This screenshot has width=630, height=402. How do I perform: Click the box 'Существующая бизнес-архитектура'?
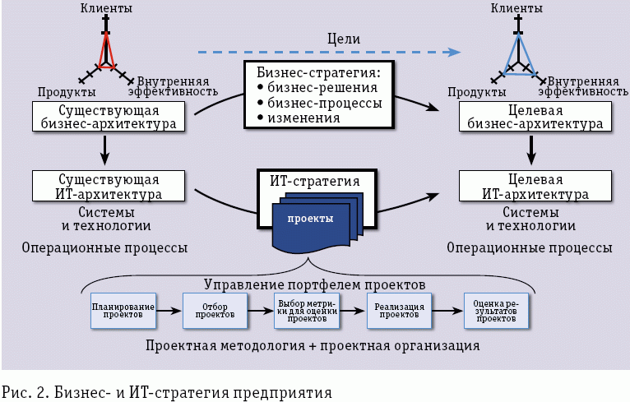108,118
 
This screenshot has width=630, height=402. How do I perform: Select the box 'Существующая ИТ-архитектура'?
108,187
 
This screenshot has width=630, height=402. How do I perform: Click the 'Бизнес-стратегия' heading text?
317,72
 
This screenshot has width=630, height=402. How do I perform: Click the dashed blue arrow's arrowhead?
452,53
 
